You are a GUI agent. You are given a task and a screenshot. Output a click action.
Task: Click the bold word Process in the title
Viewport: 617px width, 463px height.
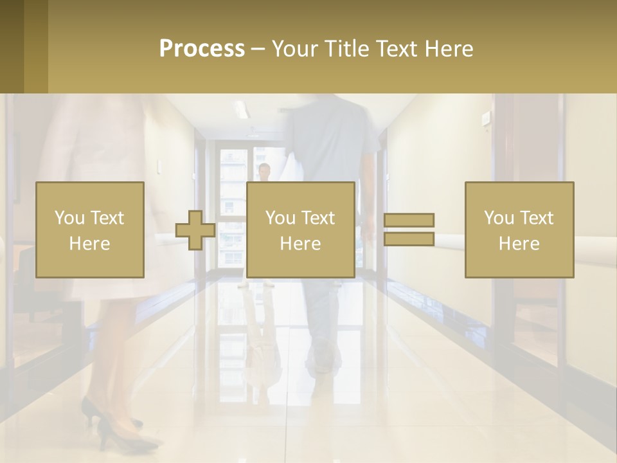[x=202, y=49]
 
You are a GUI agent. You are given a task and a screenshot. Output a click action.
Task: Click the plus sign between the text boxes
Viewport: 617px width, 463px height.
[x=195, y=230]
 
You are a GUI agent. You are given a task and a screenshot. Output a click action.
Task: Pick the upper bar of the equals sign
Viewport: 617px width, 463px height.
[x=409, y=220]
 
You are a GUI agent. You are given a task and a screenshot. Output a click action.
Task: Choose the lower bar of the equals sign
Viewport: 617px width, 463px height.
[x=409, y=239]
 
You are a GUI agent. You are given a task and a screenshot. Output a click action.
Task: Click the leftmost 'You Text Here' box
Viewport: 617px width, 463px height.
[x=89, y=230]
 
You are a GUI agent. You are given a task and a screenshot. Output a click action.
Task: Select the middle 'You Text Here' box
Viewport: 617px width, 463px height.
[x=300, y=230]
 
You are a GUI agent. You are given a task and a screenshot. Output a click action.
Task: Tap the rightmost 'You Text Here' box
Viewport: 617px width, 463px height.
[x=519, y=230]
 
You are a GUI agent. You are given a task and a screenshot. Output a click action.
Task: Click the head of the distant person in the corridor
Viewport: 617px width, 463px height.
[x=264, y=170]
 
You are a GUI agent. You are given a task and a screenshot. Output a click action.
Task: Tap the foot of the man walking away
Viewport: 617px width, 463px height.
[x=321, y=360]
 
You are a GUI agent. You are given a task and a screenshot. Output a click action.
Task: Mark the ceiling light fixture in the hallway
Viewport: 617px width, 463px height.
[x=242, y=109]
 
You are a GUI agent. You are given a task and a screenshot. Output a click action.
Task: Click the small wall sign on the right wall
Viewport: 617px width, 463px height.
[x=486, y=118]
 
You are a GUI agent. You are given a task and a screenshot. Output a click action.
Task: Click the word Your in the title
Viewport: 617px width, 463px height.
[x=296, y=49]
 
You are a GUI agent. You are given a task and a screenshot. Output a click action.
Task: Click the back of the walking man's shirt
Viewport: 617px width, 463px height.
[x=328, y=141]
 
